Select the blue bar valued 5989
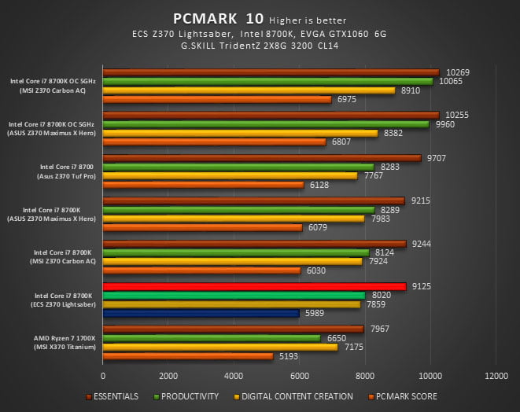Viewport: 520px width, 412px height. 201,313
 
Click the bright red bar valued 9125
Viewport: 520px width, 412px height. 254,286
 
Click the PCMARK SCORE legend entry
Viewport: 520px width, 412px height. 405,396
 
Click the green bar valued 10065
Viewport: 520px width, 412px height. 267,81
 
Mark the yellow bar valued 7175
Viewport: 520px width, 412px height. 220,347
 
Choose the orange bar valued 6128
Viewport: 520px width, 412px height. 203,185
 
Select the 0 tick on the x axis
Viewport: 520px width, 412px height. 103,375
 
